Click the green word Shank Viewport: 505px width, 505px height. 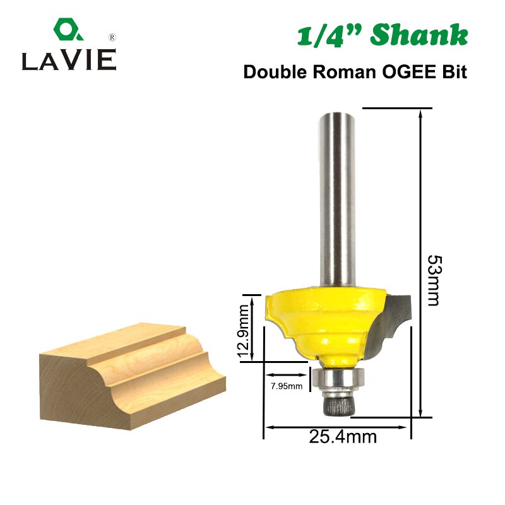coord(419,35)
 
